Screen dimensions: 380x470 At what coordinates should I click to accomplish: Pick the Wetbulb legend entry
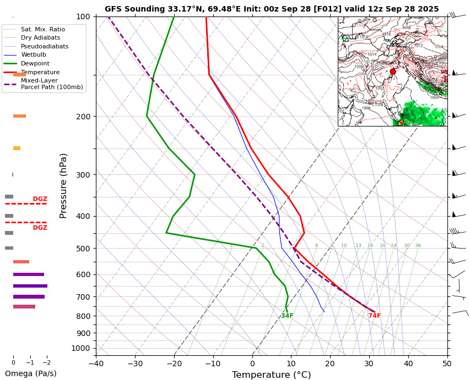pyautogui.click(x=34, y=55)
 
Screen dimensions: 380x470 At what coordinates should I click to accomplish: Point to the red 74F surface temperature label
pyautogui.click(x=375, y=316)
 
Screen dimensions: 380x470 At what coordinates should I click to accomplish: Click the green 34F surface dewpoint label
pyautogui.click(x=287, y=316)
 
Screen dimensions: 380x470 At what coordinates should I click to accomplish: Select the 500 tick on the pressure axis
pyautogui.click(x=83, y=249)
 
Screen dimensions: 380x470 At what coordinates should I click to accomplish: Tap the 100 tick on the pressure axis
pyautogui.click(x=83, y=16)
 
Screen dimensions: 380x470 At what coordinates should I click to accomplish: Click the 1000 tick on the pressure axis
pyautogui.click(x=81, y=348)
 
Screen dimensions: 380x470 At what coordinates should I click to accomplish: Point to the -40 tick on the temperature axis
pyautogui.click(x=96, y=363)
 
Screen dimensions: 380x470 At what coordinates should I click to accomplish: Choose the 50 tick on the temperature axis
pyautogui.click(x=447, y=363)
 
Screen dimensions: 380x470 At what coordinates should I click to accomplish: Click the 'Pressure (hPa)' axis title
pyautogui.click(x=64, y=186)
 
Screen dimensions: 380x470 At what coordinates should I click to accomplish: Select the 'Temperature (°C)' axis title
pyautogui.click(x=271, y=375)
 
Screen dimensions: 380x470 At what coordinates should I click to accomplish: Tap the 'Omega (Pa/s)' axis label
pyautogui.click(x=31, y=373)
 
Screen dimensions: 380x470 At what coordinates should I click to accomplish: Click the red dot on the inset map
pyautogui.click(x=393, y=71)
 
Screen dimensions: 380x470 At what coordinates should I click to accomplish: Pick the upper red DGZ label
pyautogui.click(x=40, y=199)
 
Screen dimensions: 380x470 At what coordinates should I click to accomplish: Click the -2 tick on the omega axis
pyautogui.click(x=47, y=362)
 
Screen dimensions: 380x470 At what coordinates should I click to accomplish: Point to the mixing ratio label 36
pyautogui.click(x=418, y=246)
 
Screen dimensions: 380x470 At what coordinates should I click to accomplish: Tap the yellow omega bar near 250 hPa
pyautogui.click(x=17, y=148)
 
